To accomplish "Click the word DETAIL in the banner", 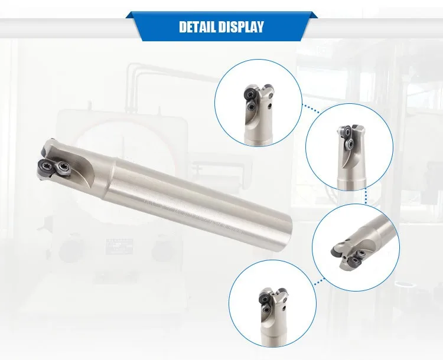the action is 197,27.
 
